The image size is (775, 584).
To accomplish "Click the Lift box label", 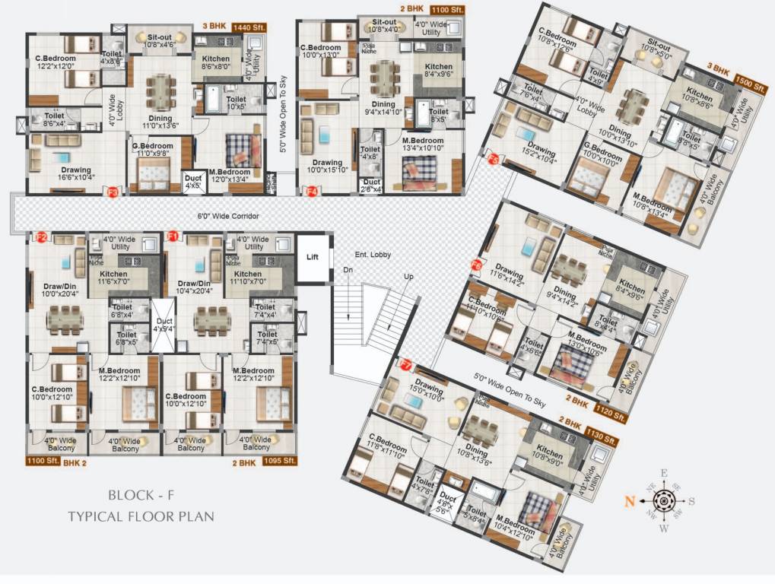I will [x=312, y=257].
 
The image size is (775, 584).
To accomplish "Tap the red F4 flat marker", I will [x=312, y=192].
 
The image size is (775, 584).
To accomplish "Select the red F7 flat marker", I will [x=405, y=365].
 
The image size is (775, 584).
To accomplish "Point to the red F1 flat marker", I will [x=173, y=236].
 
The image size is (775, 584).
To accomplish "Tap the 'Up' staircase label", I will [x=408, y=276].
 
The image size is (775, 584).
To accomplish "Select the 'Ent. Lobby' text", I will [x=373, y=255].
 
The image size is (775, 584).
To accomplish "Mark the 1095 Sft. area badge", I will [x=279, y=461].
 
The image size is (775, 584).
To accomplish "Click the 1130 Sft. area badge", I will [x=601, y=432].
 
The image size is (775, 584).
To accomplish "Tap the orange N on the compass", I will [x=630, y=500].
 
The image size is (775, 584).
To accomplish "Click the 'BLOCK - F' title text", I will [x=141, y=495].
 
